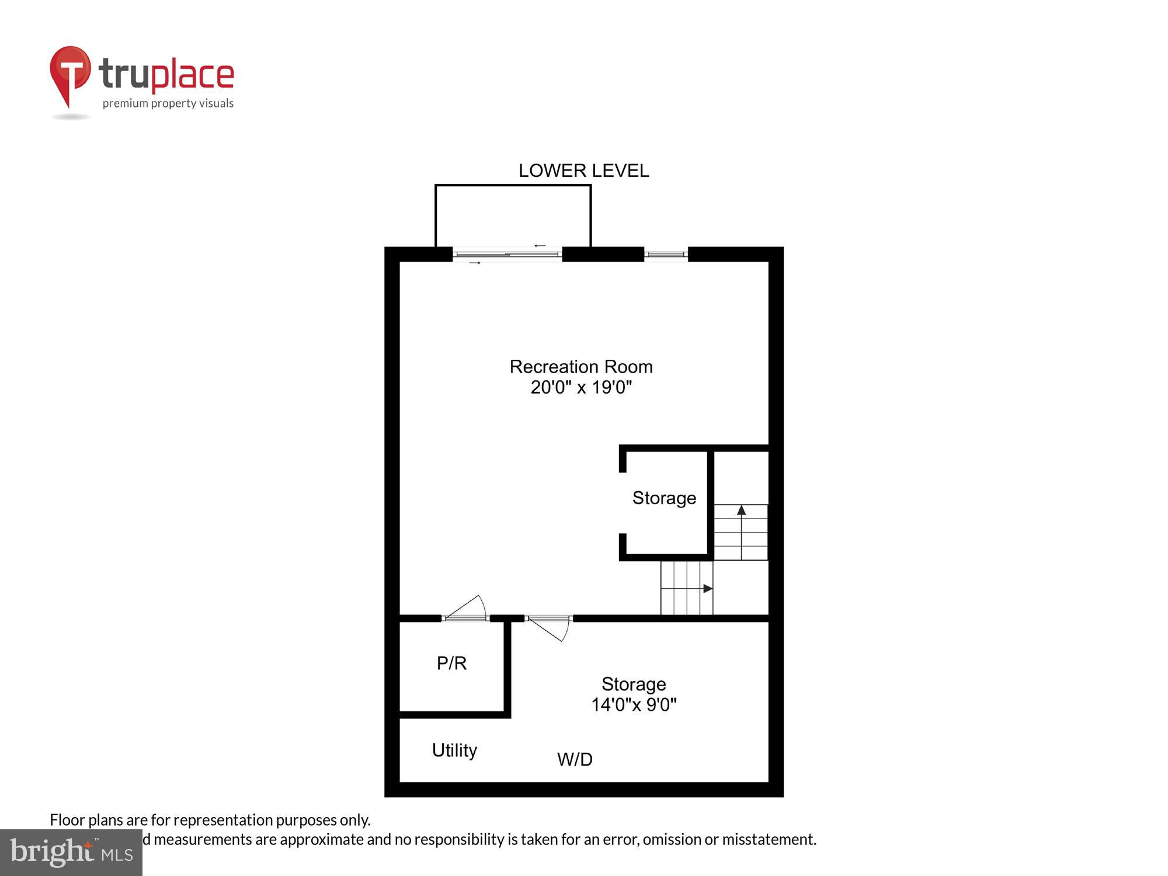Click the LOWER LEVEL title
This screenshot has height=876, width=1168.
pyautogui.click(x=583, y=171)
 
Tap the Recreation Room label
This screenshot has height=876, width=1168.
pyautogui.click(x=581, y=367)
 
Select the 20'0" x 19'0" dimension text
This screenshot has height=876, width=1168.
pyautogui.click(x=581, y=387)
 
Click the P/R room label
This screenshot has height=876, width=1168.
pyautogui.click(x=451, y=663)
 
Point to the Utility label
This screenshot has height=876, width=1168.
pyautogui.click(x=454, y=750)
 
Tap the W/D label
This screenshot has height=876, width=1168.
pyautogui.click(x=575, y=759)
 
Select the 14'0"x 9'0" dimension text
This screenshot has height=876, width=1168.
pyautogui.click(x=634, y=705)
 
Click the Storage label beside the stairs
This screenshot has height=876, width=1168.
pyautogui.click(x=664, y=498)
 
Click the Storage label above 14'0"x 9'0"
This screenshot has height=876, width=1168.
pyautogui.click(x=634, y=684)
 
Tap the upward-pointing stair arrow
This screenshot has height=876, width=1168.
pyautogui.click(x=741, y=511)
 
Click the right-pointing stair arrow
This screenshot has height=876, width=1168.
pyautogui.click(x=707, y=588)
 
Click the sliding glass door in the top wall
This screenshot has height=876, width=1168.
pyautogui.click(x=507, y=254)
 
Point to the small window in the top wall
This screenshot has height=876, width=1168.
pyautogui.click(x=666, y=254)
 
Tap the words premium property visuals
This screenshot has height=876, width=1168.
pyautogui.click(x=168, y=103)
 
